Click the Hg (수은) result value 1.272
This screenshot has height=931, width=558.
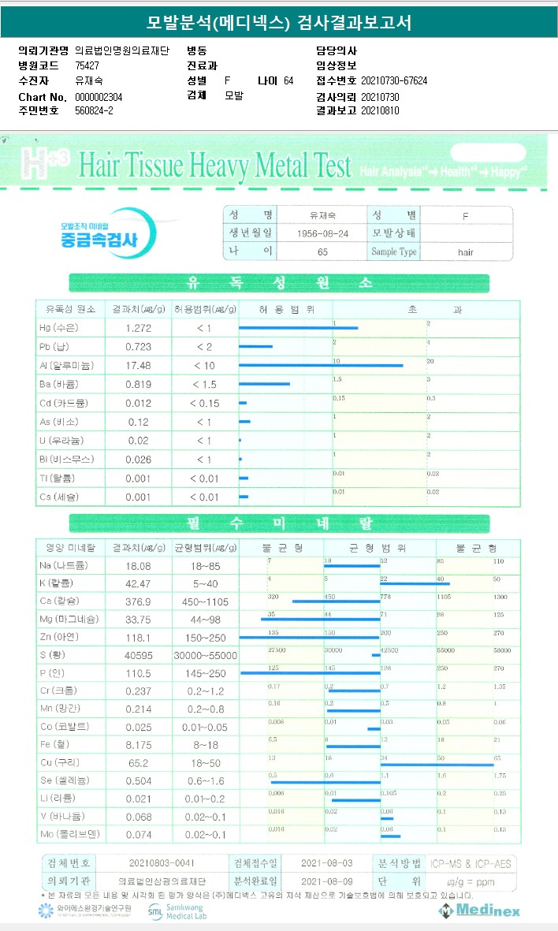138,327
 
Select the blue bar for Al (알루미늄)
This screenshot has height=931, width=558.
321,365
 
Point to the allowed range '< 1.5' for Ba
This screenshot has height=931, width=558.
203,384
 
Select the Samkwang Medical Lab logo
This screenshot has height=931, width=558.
177,911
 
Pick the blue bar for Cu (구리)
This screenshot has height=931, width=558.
437,765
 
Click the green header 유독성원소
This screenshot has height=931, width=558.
278,283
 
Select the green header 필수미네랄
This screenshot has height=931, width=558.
278,523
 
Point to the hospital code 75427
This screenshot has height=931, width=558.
87,65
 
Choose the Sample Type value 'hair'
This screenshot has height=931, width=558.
465,252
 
